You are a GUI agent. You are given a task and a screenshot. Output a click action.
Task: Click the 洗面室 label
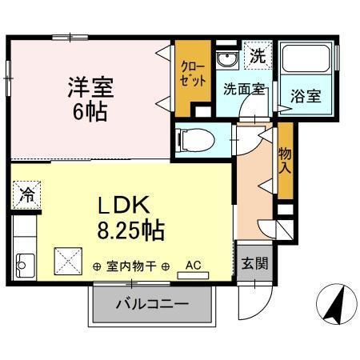243,90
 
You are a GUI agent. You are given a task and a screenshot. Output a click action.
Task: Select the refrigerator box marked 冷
26,194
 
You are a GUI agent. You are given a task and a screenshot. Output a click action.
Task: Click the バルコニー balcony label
152,304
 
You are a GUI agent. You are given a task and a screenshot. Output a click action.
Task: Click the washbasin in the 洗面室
226,60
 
